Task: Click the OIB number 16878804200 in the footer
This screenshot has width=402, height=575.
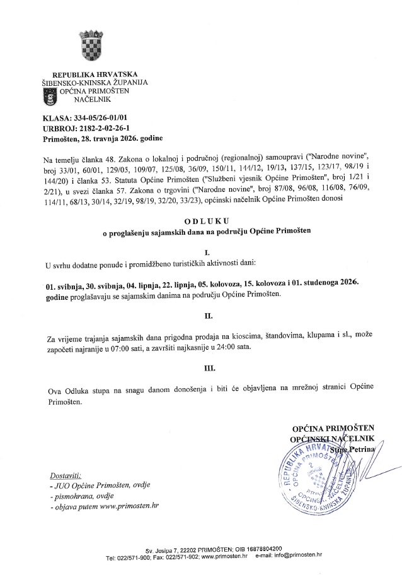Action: point(257,549)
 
